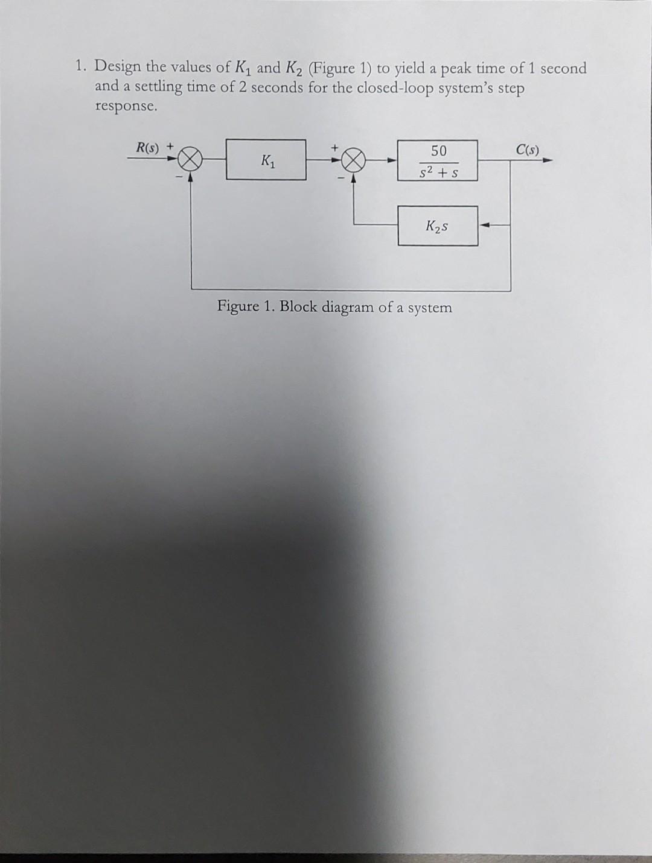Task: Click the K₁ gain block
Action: [x=266, y=160]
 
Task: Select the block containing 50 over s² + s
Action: [x=438, y=160]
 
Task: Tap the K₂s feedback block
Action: [x=438, y=226]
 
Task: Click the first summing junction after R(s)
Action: [x=191, y=160]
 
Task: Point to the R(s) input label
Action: [x=147, y=147]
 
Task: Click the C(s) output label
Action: [x=528, y=149]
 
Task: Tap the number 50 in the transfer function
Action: [x=438, y=150]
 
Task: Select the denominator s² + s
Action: [x=439, y=172]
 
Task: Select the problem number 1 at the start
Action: [x=80, y=66]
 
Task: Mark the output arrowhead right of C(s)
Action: [x=546, y=160]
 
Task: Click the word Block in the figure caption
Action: [x=298, y=306]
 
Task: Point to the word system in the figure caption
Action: [x=430, y=308]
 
